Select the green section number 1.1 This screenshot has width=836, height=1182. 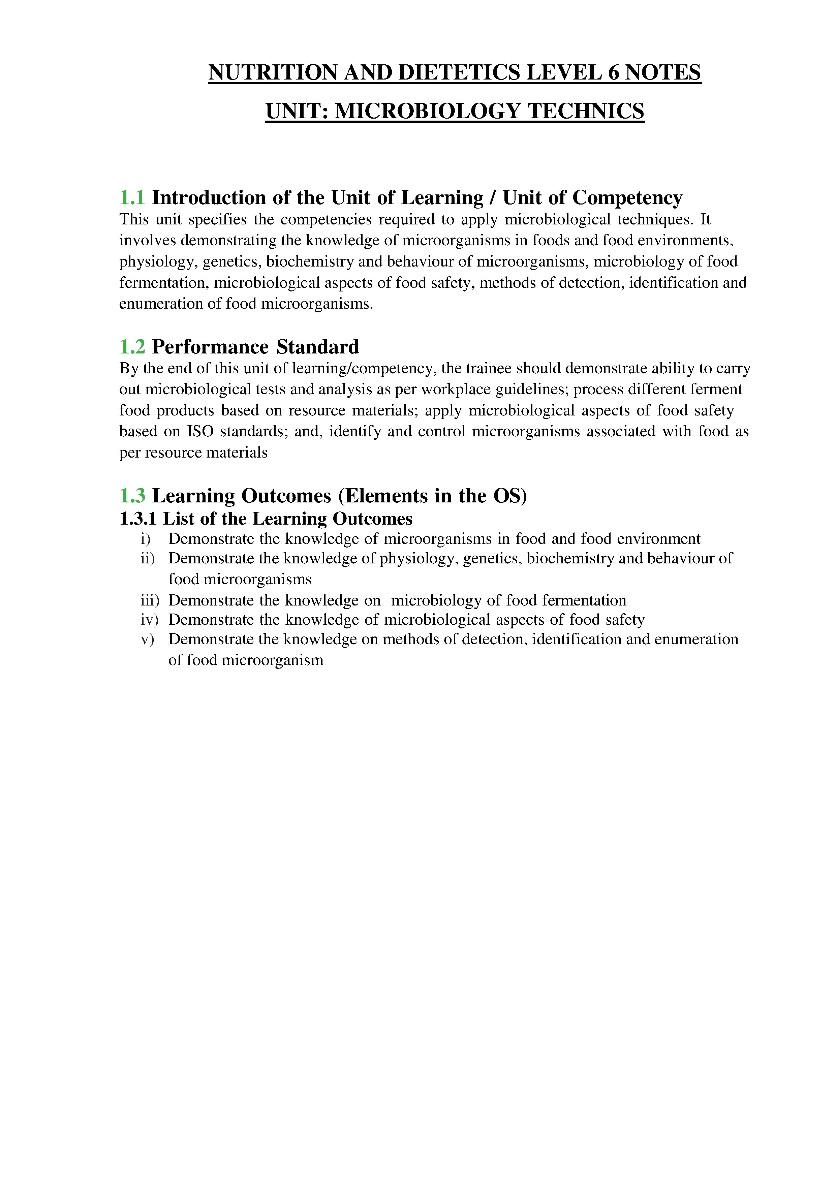(132, 198)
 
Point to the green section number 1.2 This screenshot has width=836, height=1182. (132, 347)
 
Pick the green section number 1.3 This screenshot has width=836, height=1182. (132, 496)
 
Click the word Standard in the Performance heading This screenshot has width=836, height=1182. (318, 347)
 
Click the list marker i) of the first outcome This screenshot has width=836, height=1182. (146, 539)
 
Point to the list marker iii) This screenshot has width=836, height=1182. (150, 601)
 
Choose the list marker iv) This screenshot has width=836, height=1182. (149, 620)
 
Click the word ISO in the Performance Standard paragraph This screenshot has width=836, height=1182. (200, 431)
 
